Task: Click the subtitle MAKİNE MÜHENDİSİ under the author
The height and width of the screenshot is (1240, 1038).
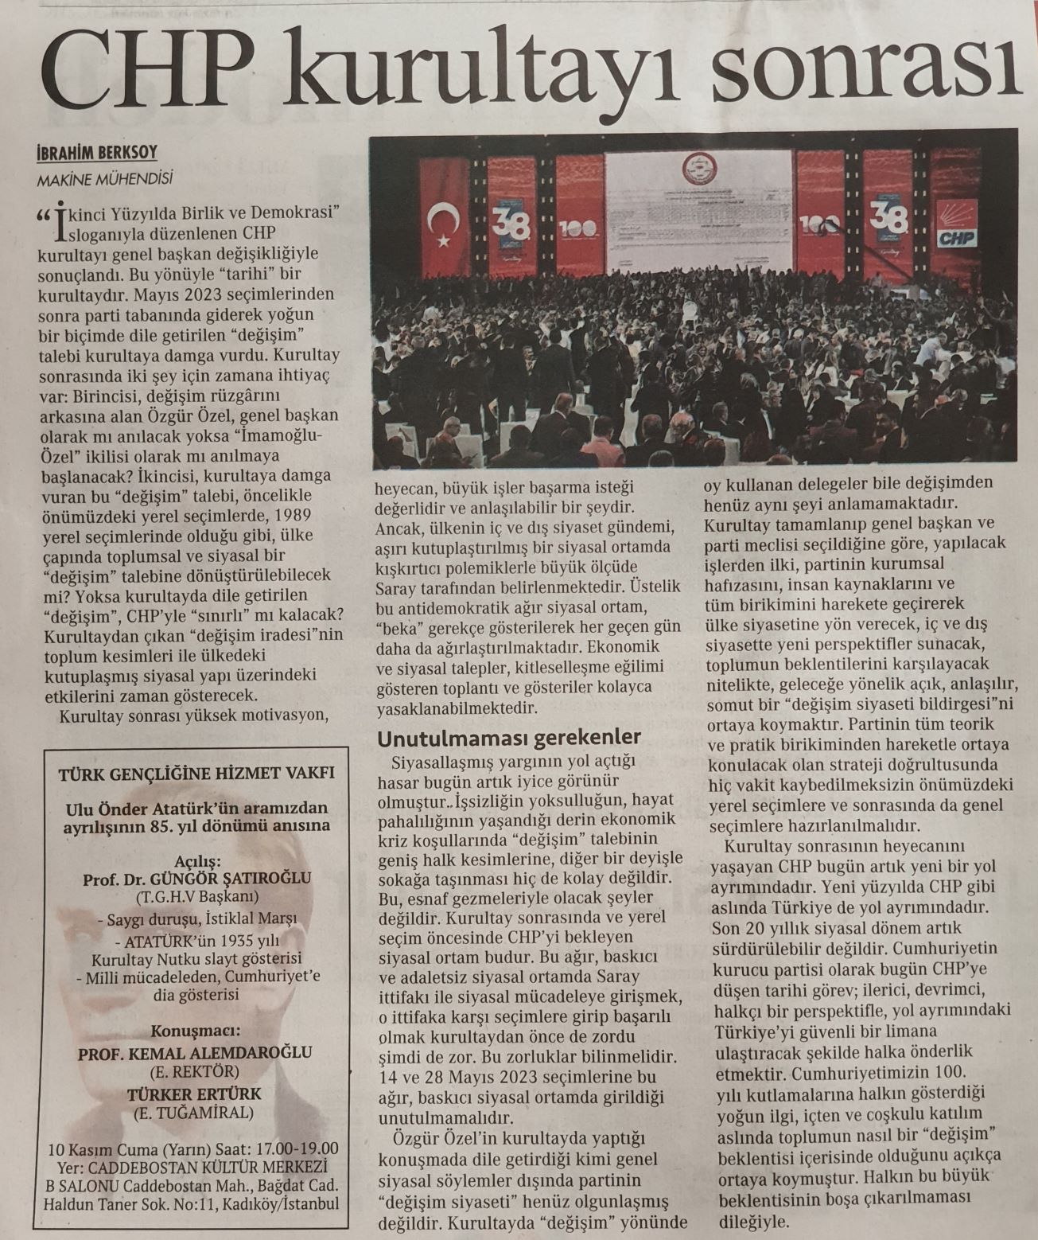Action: pyautogui.click(x=104, y=179)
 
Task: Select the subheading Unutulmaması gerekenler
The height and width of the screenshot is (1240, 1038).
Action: pyautogui.click(x=509, y=738)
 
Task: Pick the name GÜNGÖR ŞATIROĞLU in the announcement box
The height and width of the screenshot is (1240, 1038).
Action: pyautogui.click(x=239, y=879)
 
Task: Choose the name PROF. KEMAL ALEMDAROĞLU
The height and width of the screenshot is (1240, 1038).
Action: pyautogui.click(x=196, y=1053)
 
